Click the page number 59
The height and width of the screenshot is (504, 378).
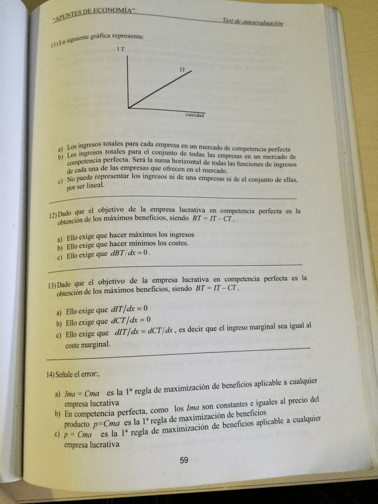coord(184,459)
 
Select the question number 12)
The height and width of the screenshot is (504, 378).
coord(53,215)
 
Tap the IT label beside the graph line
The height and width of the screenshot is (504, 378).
coord(182,70)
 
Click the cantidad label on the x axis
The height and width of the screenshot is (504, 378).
coord(195,114)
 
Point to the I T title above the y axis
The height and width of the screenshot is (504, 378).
coord(121,49)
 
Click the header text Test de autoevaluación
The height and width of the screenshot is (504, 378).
coord(253,22)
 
